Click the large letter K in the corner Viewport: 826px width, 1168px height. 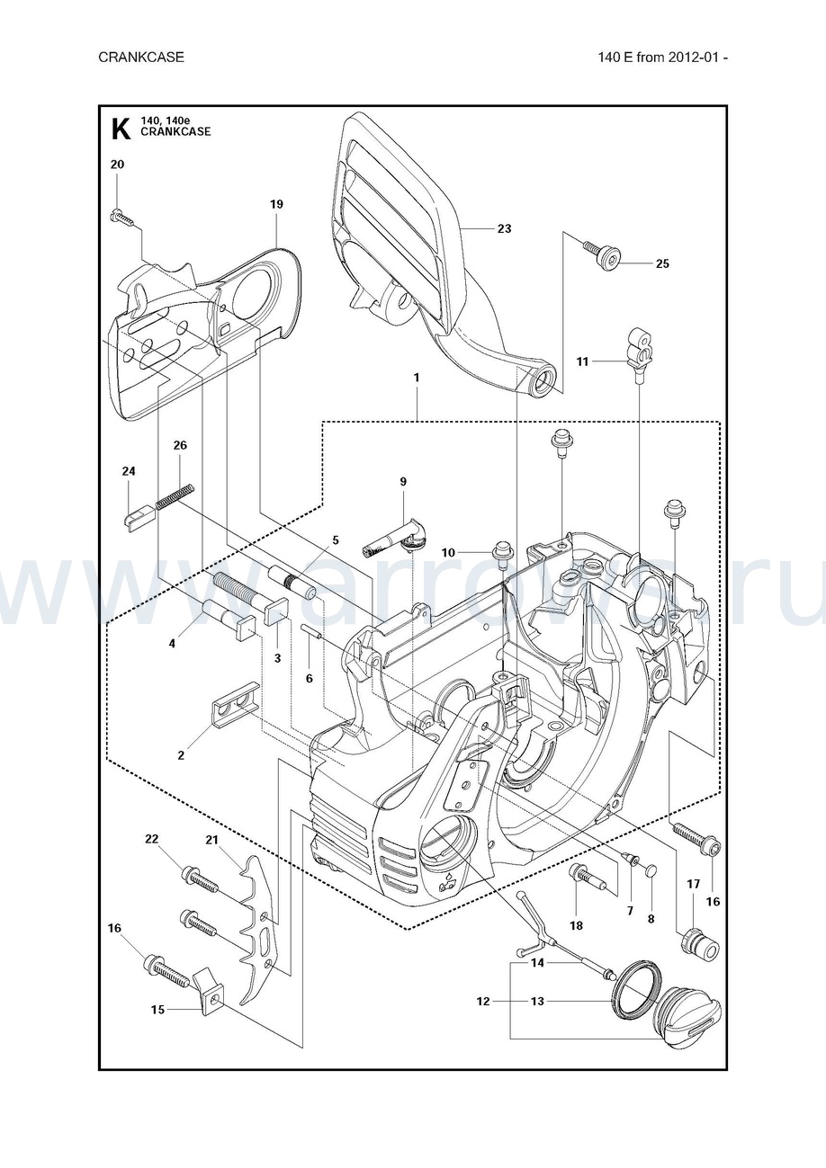coord(120,129)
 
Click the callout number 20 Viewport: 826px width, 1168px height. coord(117,165)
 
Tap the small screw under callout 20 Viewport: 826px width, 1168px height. coord(121,216)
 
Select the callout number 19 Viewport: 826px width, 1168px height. coord(276,204)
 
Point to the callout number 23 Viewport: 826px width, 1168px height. coord(504,228)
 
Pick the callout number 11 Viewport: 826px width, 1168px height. coord(583,361)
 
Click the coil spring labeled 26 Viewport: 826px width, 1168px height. coord(175,495)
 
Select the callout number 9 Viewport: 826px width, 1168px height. coord(403,482)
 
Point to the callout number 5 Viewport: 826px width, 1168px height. coord(335,540)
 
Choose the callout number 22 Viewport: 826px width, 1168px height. coord(151,839)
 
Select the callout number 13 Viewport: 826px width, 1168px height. coord(537,1001)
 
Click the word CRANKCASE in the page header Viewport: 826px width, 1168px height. coord(141,58)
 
